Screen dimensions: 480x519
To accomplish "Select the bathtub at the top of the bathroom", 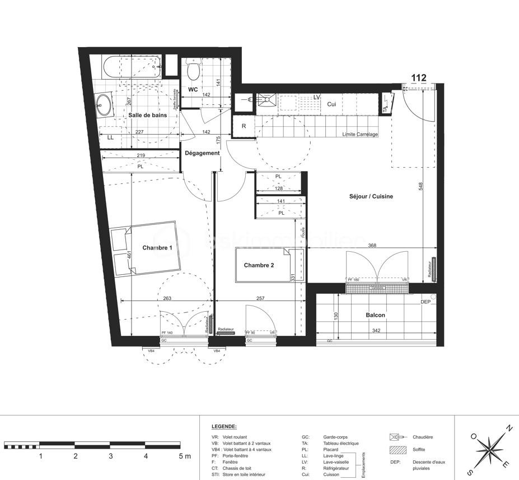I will pos(132,67).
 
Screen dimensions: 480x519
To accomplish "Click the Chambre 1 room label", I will pos(157,248).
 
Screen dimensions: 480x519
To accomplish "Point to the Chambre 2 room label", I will pos(259,265).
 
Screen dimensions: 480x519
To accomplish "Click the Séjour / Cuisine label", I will pos(371,196).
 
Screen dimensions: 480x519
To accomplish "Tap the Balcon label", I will pos(376,315).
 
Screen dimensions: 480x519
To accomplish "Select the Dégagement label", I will pos(202,153).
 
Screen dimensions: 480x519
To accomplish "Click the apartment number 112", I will pos(419,78).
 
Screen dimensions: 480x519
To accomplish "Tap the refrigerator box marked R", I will pos(244,126).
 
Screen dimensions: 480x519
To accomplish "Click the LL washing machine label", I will pos(110,137).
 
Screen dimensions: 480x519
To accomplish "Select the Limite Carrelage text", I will pos(360,135).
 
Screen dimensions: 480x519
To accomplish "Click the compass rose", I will pos(489,447).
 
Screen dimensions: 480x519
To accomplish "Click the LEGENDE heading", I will pos(224,427).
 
